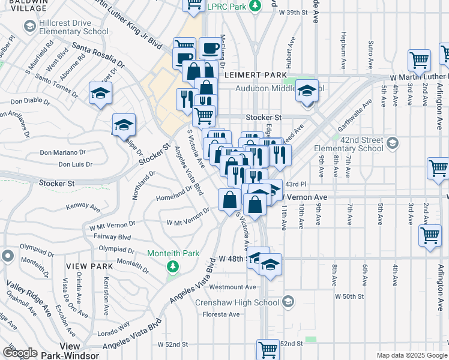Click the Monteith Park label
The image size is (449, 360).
coord(173,254)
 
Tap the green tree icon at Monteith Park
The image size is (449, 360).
coord(173,266)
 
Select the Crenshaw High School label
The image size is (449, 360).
coord(237,302)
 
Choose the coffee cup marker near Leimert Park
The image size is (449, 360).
coord(210,47)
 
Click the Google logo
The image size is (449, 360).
coord(20,353)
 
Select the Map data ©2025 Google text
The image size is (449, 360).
coord(411,355)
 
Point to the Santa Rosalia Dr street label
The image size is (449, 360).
coord(98,54)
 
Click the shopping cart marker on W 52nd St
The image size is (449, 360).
coord(268,349)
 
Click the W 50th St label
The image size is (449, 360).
coord(349,296)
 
